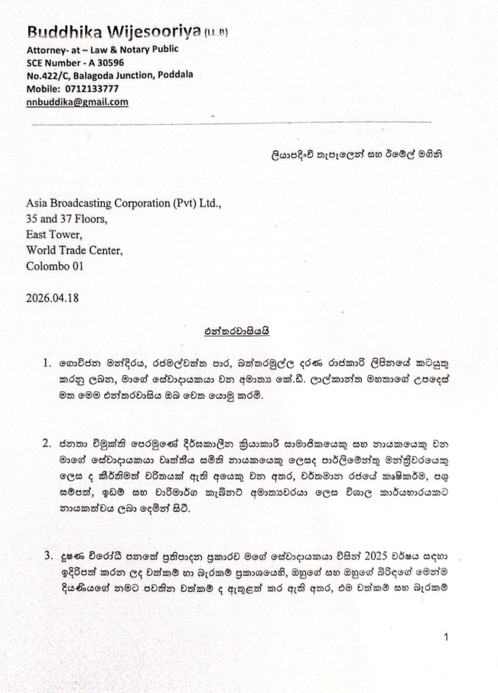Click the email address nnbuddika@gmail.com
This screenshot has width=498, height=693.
coord(77,101)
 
